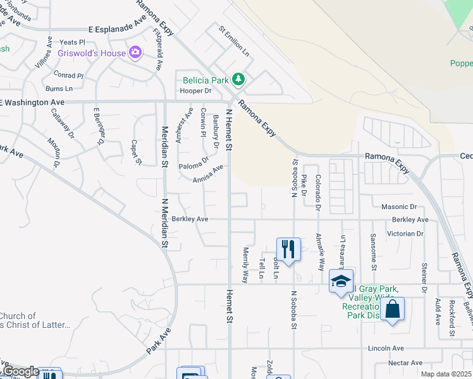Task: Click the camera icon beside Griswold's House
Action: [135, 52]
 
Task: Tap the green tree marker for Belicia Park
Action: [238, 80]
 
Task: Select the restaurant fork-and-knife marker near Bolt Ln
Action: [288, 248]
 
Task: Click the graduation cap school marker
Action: [341, 280]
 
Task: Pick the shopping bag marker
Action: [392, 309]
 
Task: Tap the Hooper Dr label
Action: [195, 91]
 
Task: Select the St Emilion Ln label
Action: [234, 40]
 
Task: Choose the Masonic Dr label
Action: [399, 207]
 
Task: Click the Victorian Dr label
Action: [407, 233]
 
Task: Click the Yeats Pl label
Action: [72, 42]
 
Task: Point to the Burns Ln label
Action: [59, 88]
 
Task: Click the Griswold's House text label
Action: [92, 53]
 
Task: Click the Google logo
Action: [21, 371]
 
